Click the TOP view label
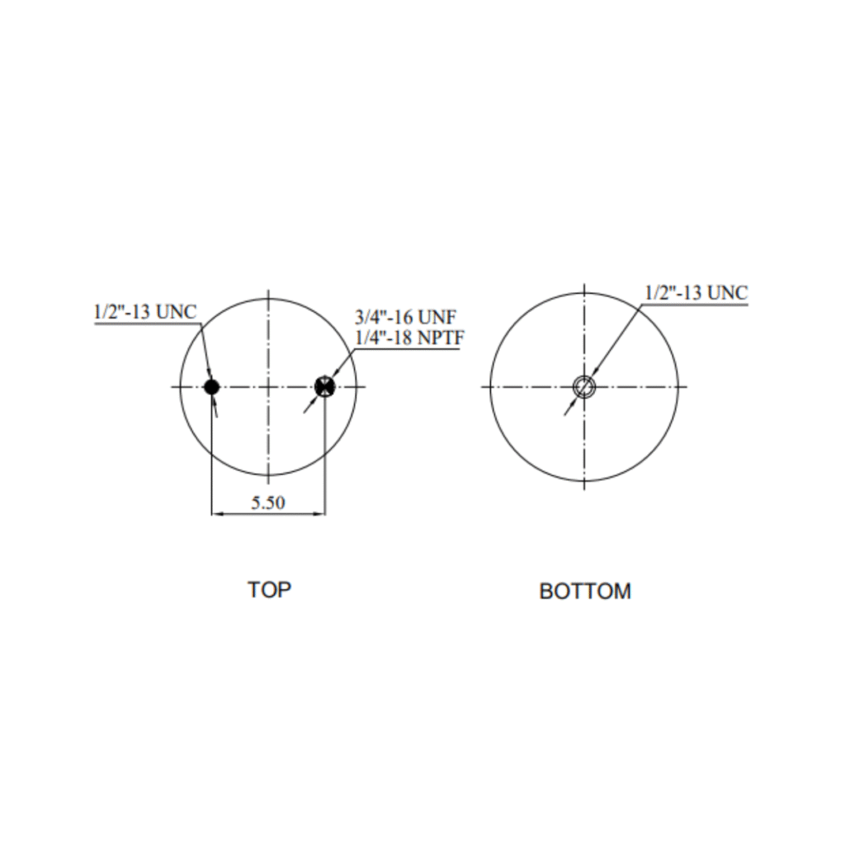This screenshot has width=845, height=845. point(269,589)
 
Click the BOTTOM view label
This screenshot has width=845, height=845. point(585,591)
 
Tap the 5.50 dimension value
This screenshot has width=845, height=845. point(268,503)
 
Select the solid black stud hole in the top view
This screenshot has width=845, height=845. point(211,386)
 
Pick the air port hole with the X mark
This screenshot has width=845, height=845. point(324,386)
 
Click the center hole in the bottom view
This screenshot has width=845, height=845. point(583,386)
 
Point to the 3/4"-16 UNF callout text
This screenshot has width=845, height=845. point(405,317)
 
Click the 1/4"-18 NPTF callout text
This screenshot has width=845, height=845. point(409,338)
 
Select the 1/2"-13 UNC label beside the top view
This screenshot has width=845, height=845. point(145,311)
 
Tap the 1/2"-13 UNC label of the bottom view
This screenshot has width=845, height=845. point(696,293)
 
